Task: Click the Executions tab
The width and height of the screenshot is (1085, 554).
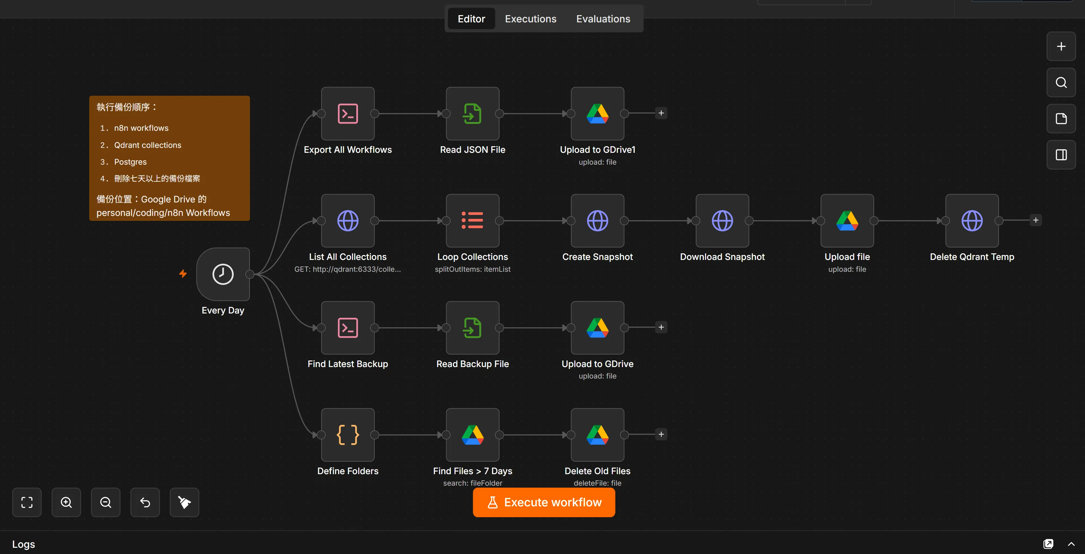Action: pos(530,19)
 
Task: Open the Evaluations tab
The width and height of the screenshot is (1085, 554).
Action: pos(603,19)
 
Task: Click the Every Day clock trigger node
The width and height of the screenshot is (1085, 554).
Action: pos(223,274)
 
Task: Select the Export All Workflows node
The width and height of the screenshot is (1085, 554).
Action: pos(347,114)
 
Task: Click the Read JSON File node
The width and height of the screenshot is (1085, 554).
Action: pos(473,114)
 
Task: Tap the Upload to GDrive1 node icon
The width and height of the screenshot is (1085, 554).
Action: pos(597,114)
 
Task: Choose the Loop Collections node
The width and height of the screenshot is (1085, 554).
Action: pos(473,221)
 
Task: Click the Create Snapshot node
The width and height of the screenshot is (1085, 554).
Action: pos(597,221)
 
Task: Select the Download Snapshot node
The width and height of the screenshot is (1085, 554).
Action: pos(722,221)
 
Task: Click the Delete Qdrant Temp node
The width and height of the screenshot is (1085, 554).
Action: pos(972,221)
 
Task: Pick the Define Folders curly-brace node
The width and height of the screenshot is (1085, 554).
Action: pos(347,435)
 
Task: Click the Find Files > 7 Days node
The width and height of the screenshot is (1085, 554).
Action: pos(473,435)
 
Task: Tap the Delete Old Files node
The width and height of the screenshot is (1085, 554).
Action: pos(597,435)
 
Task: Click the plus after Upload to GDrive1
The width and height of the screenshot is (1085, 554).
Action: pos(661,113)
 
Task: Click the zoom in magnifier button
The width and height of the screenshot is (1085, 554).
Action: pos(66,502)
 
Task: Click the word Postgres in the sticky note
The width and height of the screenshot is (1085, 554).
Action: pos(131,162)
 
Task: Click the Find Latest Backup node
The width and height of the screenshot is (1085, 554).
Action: pos(347,328)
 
